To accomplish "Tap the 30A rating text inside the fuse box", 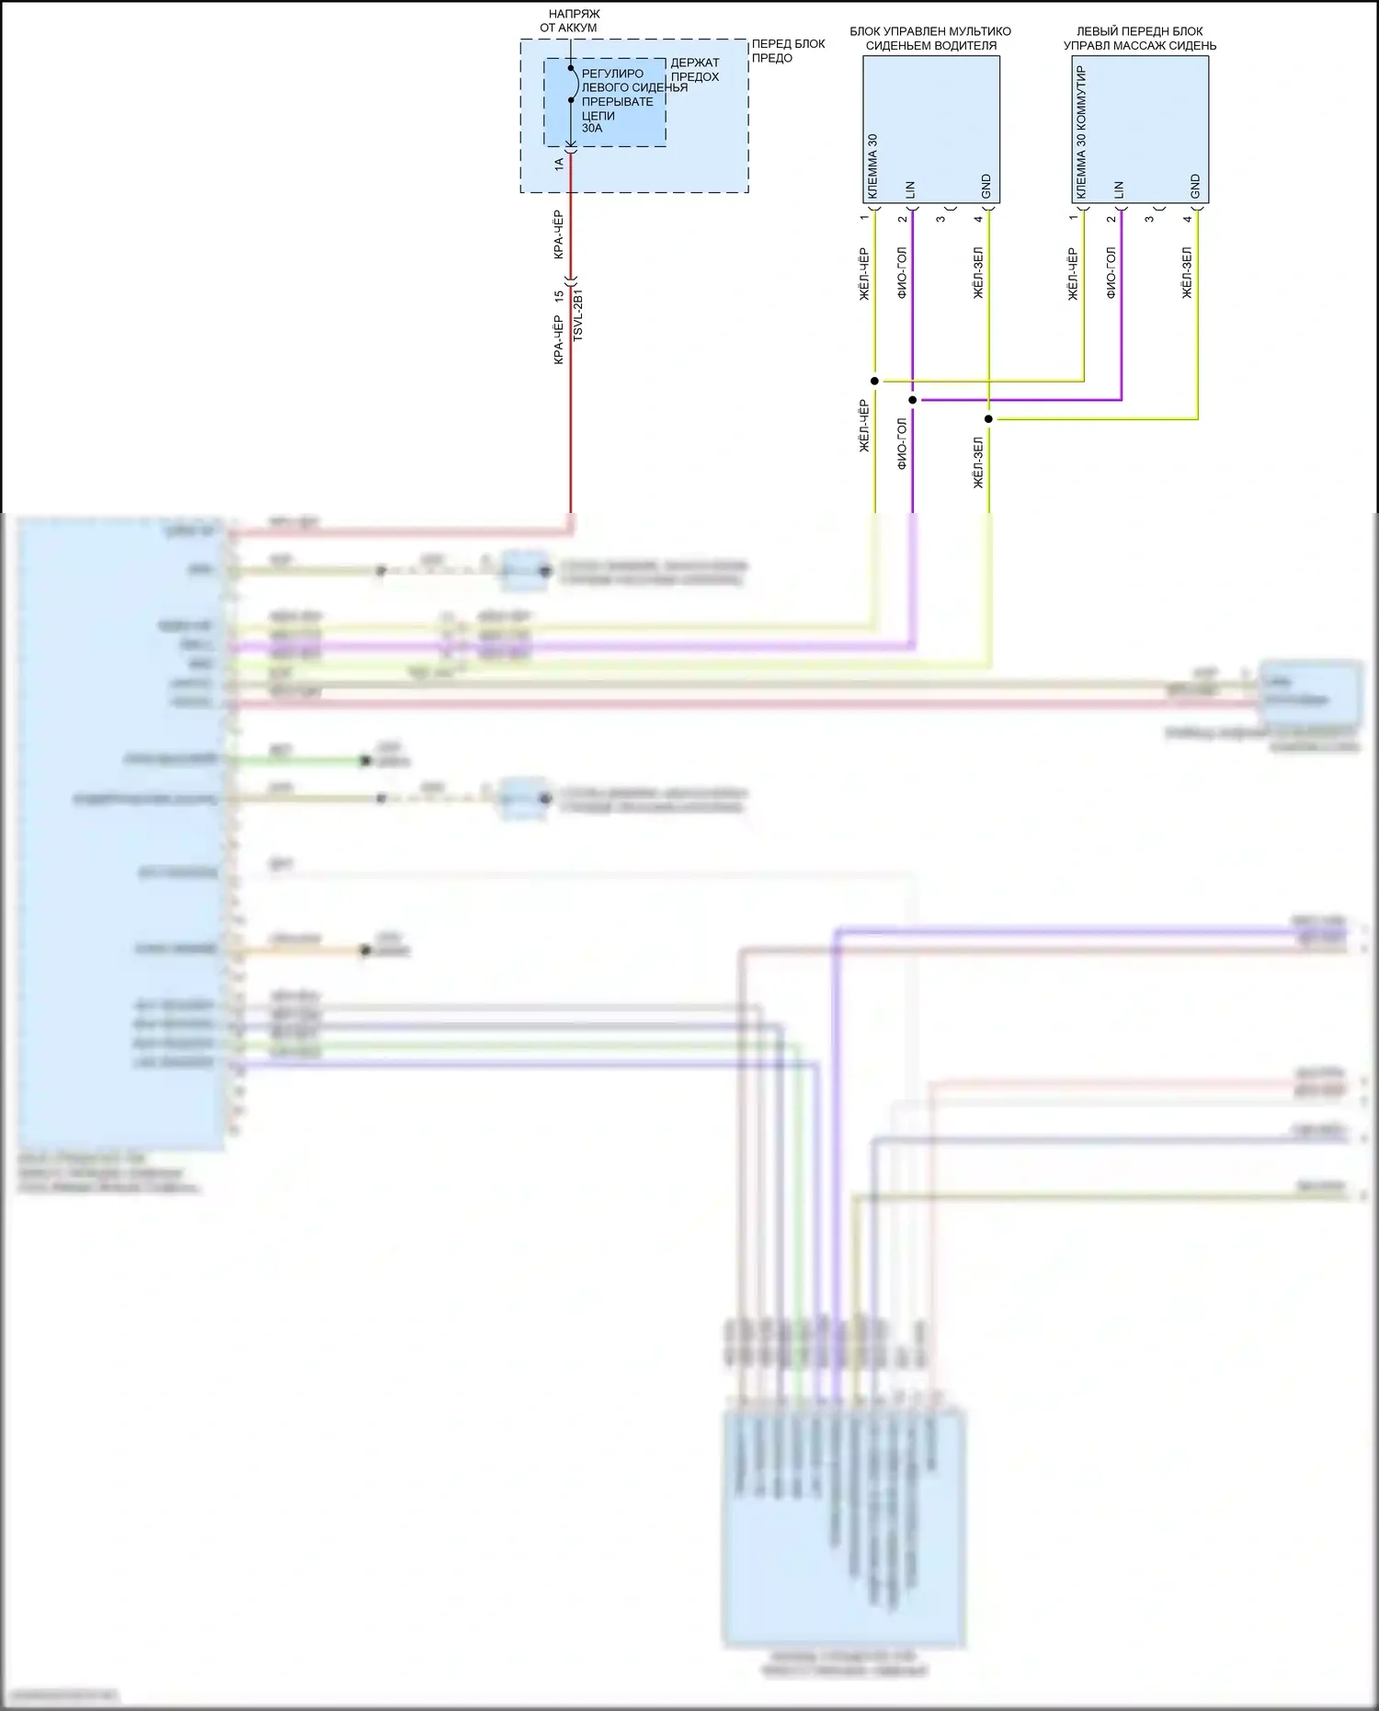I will [592, 129].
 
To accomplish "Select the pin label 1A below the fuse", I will [559, 164].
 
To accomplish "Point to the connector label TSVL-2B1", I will [578, 315].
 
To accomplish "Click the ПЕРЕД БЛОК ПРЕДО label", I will [788, 51].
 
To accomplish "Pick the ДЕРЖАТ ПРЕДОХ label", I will [695, 70].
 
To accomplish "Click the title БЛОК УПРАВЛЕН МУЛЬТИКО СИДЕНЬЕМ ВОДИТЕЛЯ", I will [930, 38].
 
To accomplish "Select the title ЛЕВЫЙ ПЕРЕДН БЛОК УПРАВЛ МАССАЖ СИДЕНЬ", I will [1140, 38].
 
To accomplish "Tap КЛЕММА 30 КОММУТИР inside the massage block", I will [1081, 131].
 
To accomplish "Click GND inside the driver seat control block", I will [986, 186].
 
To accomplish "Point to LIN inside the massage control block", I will [1119, 189].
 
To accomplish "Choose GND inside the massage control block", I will [1195, 186].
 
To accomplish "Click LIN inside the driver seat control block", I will [910, 189].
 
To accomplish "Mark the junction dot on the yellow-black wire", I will [875, 381].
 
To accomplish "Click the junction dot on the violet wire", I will [913, 400].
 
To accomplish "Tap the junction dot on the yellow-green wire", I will [989, 419].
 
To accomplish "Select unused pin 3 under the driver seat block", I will [940, 218].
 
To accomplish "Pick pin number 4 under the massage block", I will [1187, 218].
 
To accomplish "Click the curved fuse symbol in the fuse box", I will [573, 85].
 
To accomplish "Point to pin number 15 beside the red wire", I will [559, 296].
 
